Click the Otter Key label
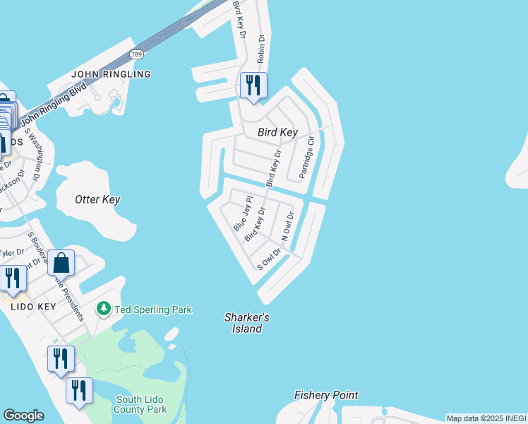[97, 199]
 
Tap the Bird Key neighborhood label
[277, 132]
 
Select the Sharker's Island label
[246, 323]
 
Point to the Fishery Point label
[326, 395]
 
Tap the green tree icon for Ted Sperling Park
[104, 309]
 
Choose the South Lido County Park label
[141, 404]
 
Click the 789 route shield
[137, 54]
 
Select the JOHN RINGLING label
[112, 74]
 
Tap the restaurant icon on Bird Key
[252, 86]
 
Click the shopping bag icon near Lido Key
[61, 263]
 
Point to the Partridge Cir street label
[306, 158]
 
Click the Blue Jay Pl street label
[241, 214]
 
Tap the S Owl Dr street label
[269, 259]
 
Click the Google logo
[23, 416]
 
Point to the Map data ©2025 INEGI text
[486, 418]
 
